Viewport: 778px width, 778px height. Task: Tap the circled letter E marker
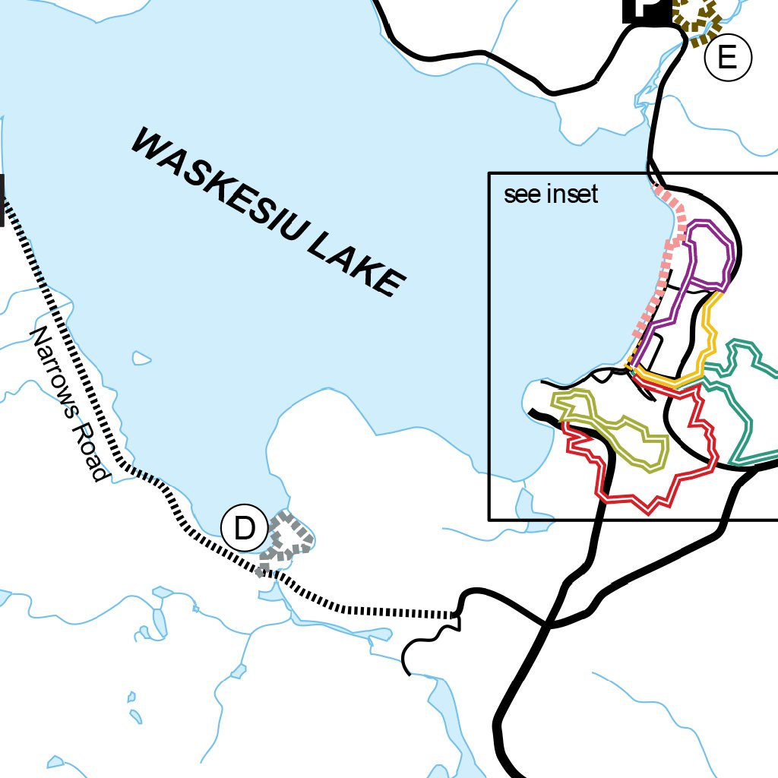coord(727,58)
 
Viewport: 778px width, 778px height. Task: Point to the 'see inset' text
coord(551,194)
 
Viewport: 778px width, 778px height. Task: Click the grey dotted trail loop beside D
coord(287,539)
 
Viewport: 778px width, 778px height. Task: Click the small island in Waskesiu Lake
coord(141,357)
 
